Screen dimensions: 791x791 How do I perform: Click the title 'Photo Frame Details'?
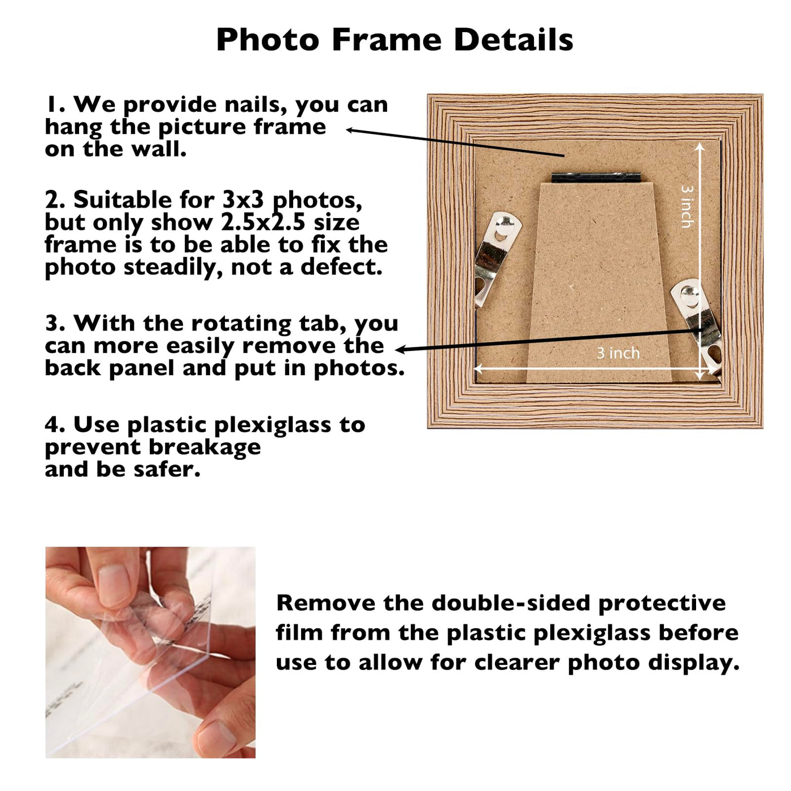pyautogui.click(x=394, y=40)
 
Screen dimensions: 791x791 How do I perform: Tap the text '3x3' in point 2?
pyautogui.click(x=244, y=201)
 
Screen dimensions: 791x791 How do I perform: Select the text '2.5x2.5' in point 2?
pyautogui.click(x=263, y=223)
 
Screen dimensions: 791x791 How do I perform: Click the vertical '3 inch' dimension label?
pyautogui.click(x=687, y=206)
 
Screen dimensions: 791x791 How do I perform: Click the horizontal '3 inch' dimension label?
pyautogui.click(x=618, y=353)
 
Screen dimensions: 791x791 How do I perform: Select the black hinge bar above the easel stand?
pyautogui.click(x=596, y=178)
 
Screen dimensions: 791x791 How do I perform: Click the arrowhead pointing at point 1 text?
pyautogui.click(x=350, y=130)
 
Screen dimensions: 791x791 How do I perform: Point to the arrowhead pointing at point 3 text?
pyautogui.click(x=401, y=349)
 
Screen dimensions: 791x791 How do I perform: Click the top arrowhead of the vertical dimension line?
pyautogui.click(x=700, y=146)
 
